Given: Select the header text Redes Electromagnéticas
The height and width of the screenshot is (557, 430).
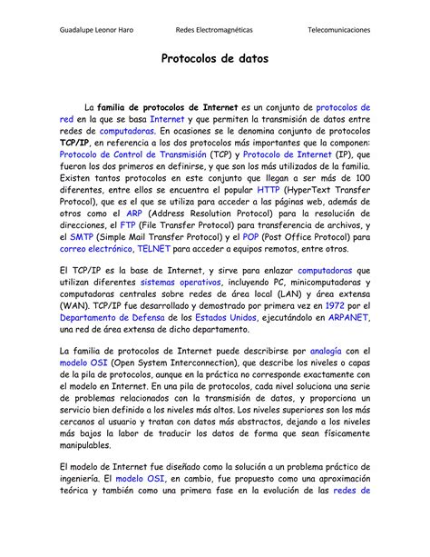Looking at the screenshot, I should (x=214, y=30).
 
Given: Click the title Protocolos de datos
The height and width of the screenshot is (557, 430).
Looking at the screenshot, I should (x=214, y=59).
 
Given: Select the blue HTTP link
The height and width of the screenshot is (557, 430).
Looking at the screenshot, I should (x=269, y=190).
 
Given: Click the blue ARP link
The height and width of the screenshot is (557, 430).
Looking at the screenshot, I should (x=134, y=214).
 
